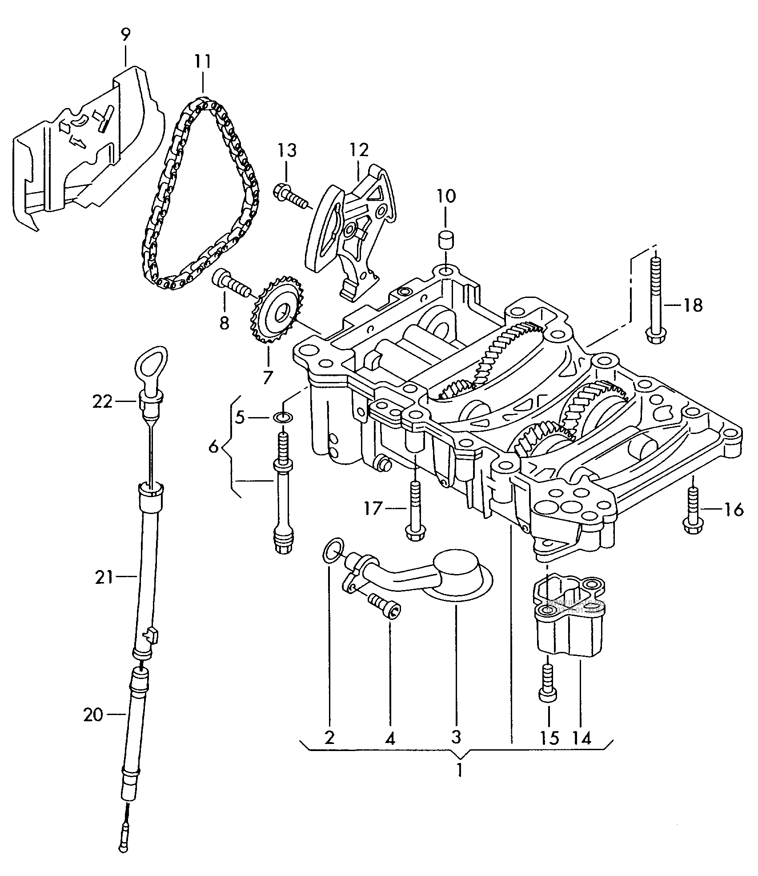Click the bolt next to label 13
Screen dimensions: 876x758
pos(289,197)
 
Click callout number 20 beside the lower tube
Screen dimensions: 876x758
pos(93,715)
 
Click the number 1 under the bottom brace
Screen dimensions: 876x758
pos(460,781)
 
